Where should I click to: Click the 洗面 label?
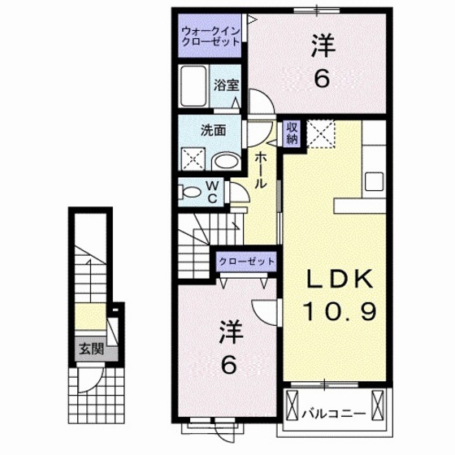pyautogui.click(x=212, y=128)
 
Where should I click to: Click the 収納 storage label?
pyautogui.click(x=291, y=133)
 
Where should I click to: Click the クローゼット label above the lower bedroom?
pyautogui.click(x=245, y=262)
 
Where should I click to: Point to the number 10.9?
pyautogui.click(x=340, y=311)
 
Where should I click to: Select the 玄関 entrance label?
pyautogui.click(x=90, y=351)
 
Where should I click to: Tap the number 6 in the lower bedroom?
pyautogui.click(x=230, y=366)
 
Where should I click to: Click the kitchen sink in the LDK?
pyautogui.click(x=375, y=180)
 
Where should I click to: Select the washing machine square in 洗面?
pyautogui.click(x=194, y=157)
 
